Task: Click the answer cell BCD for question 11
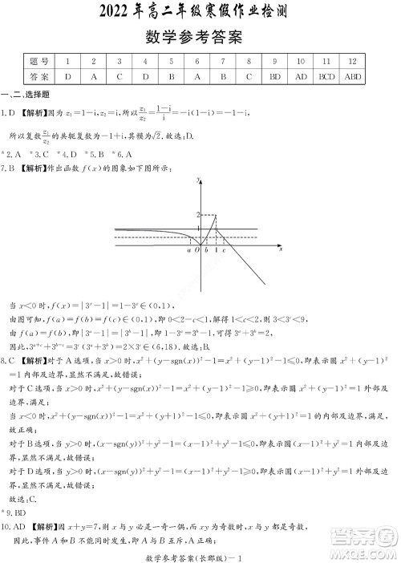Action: coord(326,77)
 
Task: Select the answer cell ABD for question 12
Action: coord(352,77)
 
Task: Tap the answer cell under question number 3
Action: coord(119,77)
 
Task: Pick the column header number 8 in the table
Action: coord(249,61)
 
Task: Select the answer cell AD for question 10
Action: coord(300,77)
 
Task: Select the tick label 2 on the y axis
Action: coord(195,216)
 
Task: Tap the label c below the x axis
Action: coord(224,251)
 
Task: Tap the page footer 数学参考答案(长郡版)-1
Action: coord(200,554)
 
